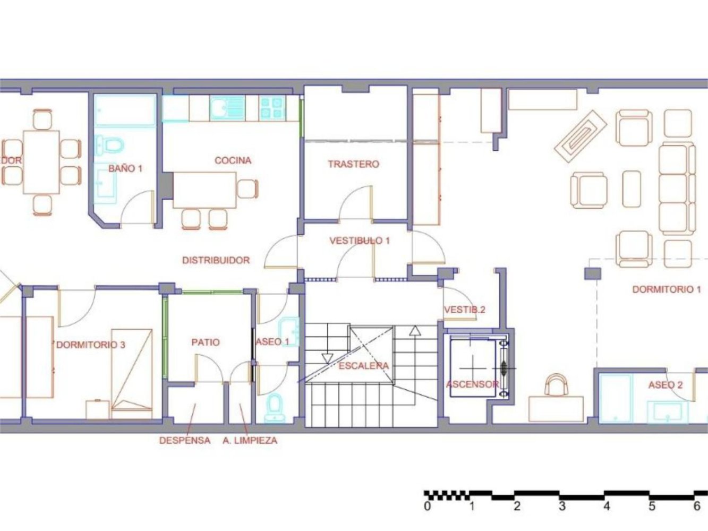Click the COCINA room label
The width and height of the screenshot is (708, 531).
(x=233, y=160)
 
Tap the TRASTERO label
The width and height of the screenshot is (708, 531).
(x=353, y=164)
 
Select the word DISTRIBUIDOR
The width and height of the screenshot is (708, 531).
(x=216, y=260)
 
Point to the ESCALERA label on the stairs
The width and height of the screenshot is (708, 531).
(x=363, y=366)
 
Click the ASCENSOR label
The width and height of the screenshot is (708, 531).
(x=472, y=384)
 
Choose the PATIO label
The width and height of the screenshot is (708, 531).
(x=205, y=342)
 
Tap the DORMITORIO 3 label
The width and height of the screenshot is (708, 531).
(x=90, y=345)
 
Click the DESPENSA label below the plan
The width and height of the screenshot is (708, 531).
(x=185, y=440)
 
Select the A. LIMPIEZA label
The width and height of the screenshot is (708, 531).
(x=250, y=440)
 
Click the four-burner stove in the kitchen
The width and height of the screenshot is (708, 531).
(x=272, y=108)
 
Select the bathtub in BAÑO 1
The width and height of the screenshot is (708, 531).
(x=125, y=111)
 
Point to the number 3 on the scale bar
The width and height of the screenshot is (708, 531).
(x=562, y=506)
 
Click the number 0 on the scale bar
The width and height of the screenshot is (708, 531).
(x=428, y=506)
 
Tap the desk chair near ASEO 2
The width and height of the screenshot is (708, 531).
(x=556, y=384)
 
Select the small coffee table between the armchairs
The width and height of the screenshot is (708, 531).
(x=632, y=189)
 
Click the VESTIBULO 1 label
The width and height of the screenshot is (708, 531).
(x=360, y=241)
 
